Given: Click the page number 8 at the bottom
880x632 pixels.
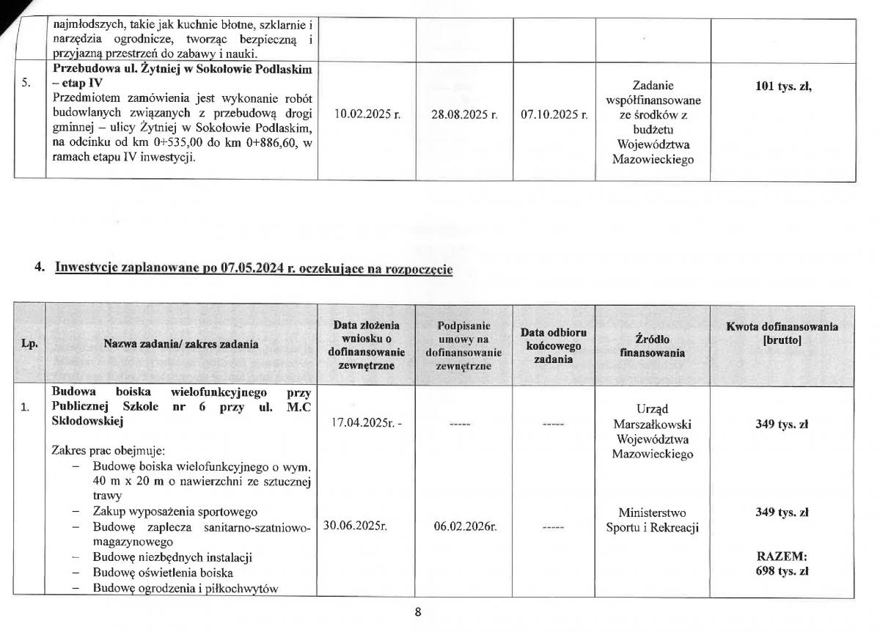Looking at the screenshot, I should [x=417, y=613].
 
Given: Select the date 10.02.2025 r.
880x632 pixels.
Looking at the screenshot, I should [x=367, y=116].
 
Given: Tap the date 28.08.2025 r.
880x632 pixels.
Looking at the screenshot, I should [x=464, y=116].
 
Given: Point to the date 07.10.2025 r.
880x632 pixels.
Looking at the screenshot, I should [x=554, y=116].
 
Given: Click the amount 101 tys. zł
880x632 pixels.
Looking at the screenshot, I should [x=783, y=87].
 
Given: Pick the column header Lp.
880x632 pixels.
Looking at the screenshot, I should [x=29, y=343].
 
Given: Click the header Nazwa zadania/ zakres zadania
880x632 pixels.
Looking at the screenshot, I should [x=180, y=343].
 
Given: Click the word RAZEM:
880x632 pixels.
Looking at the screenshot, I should [x=782, y=556].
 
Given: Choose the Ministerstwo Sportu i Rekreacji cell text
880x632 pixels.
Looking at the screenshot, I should [x=652, y=519].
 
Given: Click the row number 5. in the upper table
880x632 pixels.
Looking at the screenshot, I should [x=26, y=82].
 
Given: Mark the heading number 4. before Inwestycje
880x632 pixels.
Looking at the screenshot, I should [x=40, y=269].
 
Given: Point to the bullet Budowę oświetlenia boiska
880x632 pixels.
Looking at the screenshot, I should [x=163, y=572].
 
